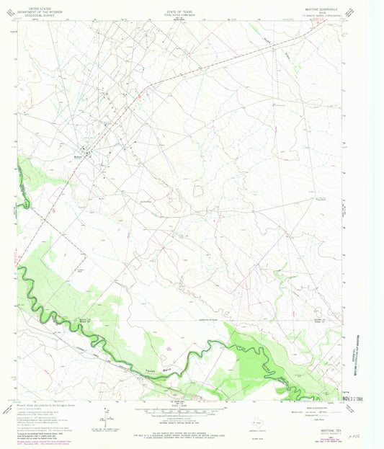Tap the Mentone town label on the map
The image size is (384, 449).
coord(78,151)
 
